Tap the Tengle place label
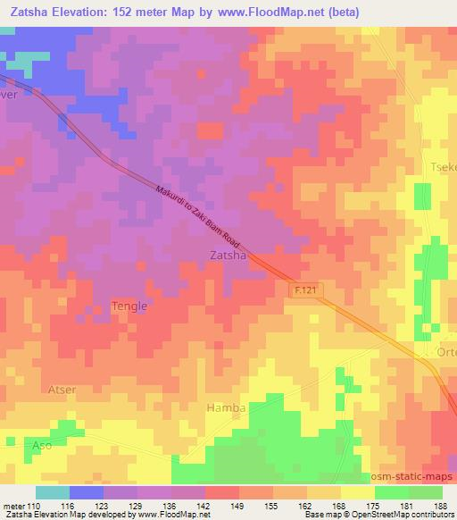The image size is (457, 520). point(129,306)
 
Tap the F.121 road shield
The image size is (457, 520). point(305,290)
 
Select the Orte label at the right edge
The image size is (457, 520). point(445,352)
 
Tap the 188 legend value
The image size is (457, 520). point(442,506)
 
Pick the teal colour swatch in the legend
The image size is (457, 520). point(53,492)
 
